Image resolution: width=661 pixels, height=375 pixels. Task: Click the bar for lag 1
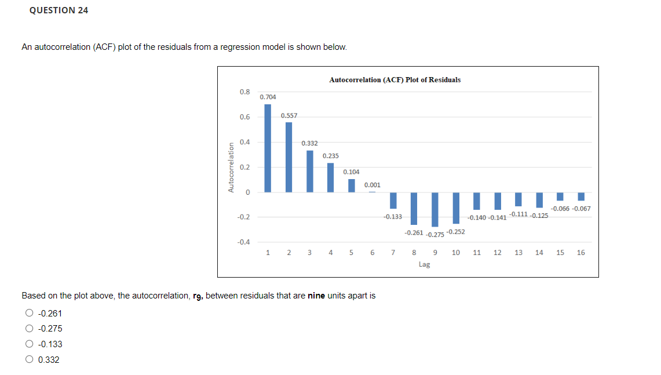pyautogui.click(x=268, y=148)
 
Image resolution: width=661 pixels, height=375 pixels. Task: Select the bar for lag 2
pyautogui.click(x=288, y=157)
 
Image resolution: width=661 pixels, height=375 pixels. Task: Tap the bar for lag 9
pyautogui.click(x=435, y=209)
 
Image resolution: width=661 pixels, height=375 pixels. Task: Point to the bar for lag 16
pyautogui.click(x=581, y=196)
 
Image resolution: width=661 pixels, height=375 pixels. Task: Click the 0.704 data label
pyautogui.click(x=268, y=97)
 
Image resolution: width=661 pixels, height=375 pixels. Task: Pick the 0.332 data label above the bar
pyautogui.click(x=309, y=143)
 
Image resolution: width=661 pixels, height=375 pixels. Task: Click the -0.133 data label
pyautogui.click(x=392, y=217)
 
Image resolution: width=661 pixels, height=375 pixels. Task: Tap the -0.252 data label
pyautogui.click(x=456, y=232)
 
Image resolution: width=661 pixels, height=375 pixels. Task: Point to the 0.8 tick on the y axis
pyautogui.click(x=244, y=92)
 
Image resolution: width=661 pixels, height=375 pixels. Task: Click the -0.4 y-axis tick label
pyautogui.click(x=243, y=242)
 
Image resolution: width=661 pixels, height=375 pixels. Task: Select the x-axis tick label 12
pyautogui.click(x=498, y=253)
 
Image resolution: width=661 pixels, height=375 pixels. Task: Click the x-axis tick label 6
pyautogui.click(x=372, y=253)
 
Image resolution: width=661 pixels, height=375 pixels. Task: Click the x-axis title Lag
pyautogui.click(x=424, y=264)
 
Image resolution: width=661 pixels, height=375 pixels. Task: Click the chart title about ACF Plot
pyautogui.click(x=395, y=79)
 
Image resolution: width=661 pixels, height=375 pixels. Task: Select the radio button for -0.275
pyautogui.click(x=29, y=329)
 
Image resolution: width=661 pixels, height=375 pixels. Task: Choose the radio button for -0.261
pyautogui.click(x=29, y=314)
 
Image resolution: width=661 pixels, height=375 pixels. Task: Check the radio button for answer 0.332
pyautogui.click(x=29, y=360)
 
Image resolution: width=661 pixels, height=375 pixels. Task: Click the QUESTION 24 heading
pyautogui.click(x=59, y=10)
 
